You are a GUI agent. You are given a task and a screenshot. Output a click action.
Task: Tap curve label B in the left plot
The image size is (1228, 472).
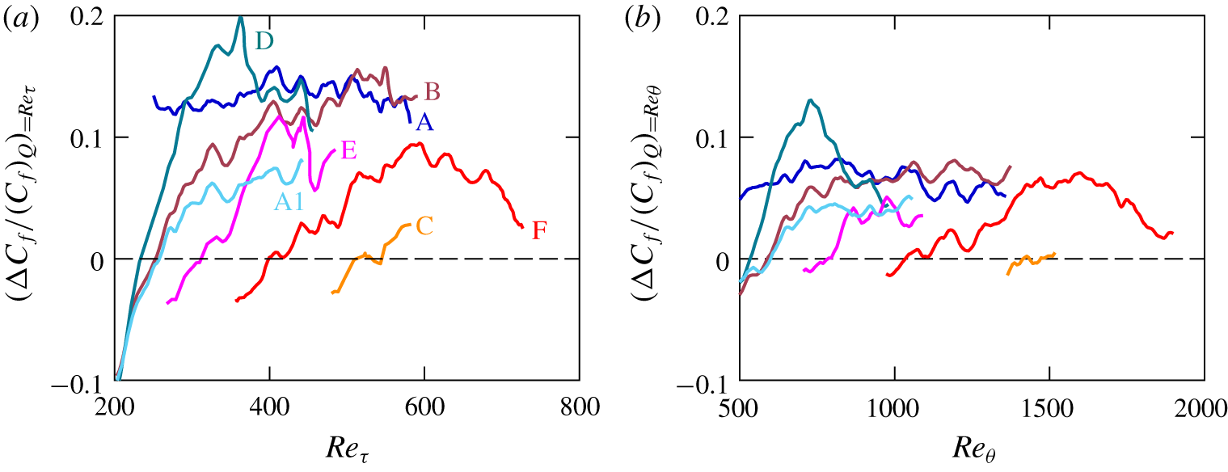click(432, 94)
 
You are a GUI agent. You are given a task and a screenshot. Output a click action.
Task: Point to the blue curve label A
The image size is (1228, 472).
click(422, 122)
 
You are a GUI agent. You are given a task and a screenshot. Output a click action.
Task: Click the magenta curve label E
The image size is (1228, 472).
click(349, 150)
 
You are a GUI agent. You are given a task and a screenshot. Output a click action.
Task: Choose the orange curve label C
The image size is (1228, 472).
click(425, 227)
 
